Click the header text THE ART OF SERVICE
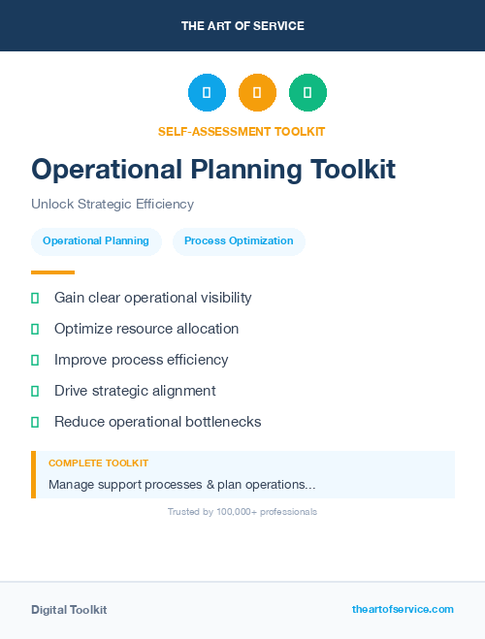point(242,26)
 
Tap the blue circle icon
point(207,93)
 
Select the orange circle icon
point(257,93)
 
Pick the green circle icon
point(307,93)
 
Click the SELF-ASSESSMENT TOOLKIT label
point(242,131)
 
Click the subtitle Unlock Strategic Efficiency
point(113,204)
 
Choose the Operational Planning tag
point(96,240)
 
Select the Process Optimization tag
point(239,240)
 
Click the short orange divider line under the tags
point(52,272)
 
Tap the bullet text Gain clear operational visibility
point(152,298)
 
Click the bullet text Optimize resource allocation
point(146,329)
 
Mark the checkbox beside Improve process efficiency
point(35,360)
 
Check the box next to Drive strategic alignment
point(35,391)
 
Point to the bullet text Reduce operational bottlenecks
point(157,422)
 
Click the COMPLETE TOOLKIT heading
point(98,463)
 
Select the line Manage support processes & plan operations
point(181,484)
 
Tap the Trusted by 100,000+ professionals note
point(242,511)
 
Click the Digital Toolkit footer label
point(69,610)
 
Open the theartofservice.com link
point(403,609)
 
